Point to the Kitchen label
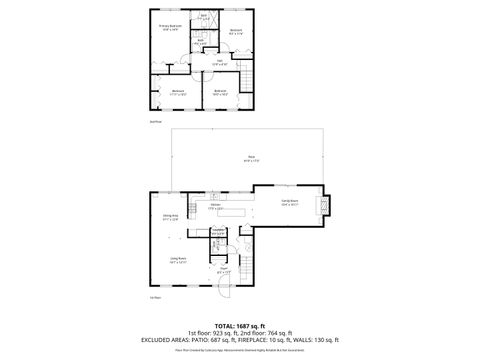point(215,207)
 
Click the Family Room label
point(291,203)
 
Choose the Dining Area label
point(170,217)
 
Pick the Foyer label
point(225,270)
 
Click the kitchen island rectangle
point(235,214)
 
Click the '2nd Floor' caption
point(154,121)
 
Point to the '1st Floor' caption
point(155,297)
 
